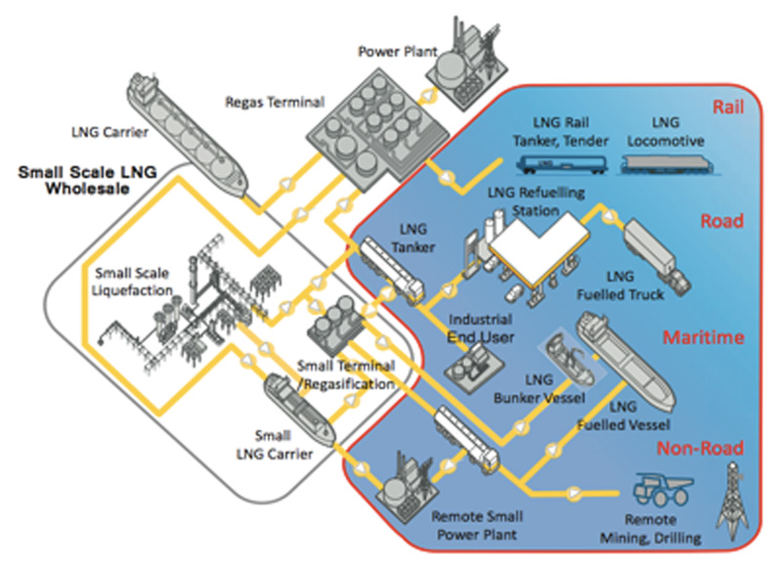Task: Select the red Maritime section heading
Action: [704, 338]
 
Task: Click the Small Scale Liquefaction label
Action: [133, 279]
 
